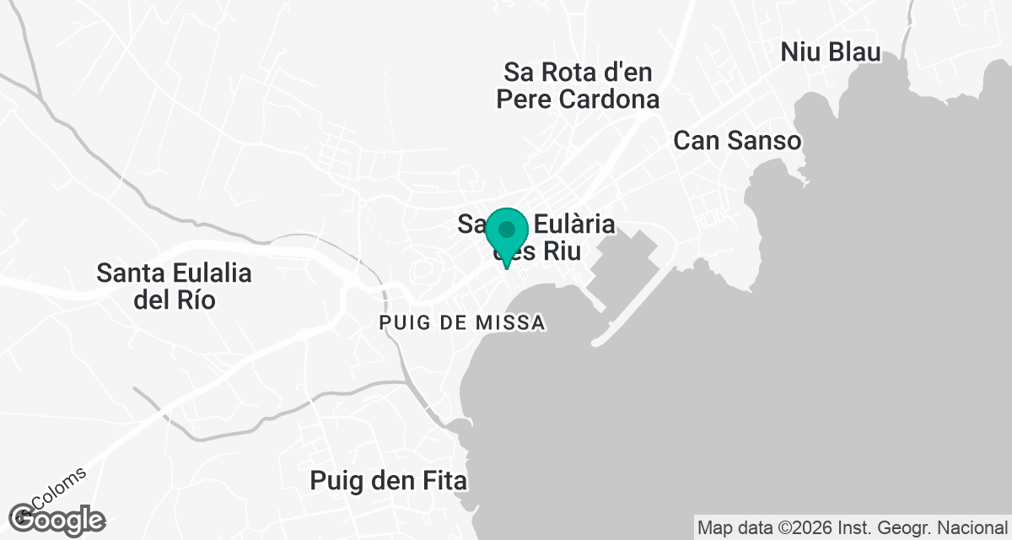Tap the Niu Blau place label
point(831,51)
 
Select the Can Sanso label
point(737,141)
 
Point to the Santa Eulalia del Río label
point(175,286)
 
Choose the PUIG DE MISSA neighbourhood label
point(462,322)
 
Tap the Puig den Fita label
point(388,481)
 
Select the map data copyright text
point(853,528)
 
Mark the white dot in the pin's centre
point(507,229)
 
